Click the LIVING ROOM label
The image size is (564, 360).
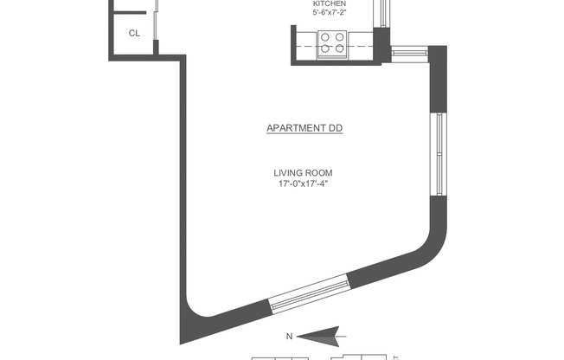pos(303,172)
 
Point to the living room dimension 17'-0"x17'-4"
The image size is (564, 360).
pos(303,183)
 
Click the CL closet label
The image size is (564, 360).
pos(134,34)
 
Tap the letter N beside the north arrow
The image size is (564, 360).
pos(290,336)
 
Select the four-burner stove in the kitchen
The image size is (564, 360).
pos(333,42)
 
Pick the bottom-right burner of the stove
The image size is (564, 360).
pos(340,49)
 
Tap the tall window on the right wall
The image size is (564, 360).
pos(441,153)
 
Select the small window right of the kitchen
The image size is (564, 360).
pos(410,53)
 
